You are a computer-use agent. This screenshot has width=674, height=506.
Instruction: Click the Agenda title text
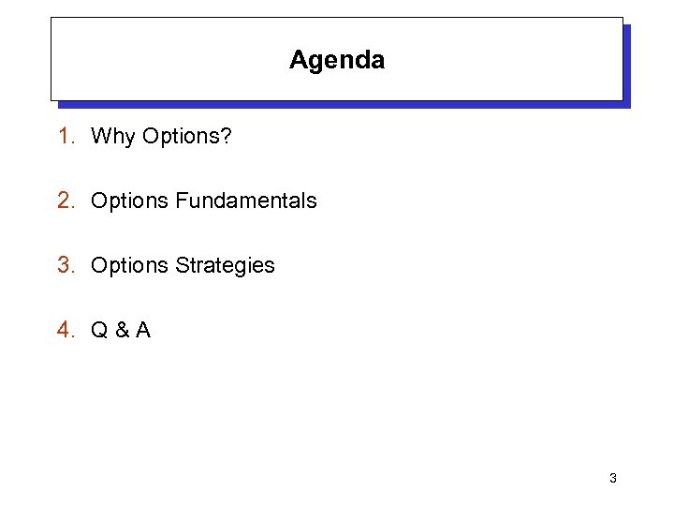(x=337, y=60)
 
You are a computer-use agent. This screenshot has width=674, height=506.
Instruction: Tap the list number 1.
(x=64, y=136)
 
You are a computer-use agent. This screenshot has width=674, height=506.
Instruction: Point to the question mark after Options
(x=226, y=136)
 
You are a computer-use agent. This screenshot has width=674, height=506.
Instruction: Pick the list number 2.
(x=64, y=201)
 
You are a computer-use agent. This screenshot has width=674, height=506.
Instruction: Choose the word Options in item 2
(x=129, y=201)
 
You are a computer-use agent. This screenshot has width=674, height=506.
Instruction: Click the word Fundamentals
(x=245, y=201)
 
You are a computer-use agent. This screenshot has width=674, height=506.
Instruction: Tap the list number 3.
(x=64, y=265)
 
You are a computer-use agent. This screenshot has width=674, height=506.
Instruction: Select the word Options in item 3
(x=129, y=266)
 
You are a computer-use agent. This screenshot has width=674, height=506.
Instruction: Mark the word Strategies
(x=225, y=266)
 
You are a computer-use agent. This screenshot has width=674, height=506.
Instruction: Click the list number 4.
(x=64, y=330)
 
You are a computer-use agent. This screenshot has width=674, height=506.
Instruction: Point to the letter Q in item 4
(x=99, y=330)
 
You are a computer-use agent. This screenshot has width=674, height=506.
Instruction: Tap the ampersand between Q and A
(x=121, y=330)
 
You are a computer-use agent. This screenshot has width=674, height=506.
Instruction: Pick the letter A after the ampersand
(x=142, y=330)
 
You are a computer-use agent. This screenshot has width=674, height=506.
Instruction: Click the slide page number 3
(x=612, y=478)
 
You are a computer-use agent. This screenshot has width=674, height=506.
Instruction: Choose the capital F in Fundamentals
(x=181, y=201)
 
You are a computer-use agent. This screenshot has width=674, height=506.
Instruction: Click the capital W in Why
(x=100, y=136)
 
